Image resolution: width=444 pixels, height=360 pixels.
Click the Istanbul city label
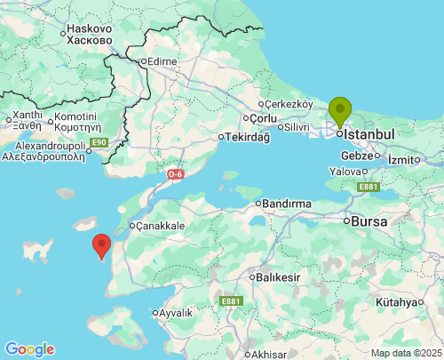pos(369,133)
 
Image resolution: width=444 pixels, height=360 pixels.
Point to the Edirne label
pos(163,61)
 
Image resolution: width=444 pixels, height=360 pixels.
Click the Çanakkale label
pos(161,226)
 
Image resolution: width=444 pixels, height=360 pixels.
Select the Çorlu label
pos(264,118)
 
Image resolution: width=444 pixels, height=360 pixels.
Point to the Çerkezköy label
pos(289,103)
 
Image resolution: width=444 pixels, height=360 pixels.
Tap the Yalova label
pos(345,171)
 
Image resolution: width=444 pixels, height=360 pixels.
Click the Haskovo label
pos(90,28)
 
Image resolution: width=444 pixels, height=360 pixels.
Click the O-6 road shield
pos(175,173)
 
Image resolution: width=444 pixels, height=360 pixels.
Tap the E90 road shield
pos(99,142)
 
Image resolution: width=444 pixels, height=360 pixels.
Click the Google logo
pos(29,349)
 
